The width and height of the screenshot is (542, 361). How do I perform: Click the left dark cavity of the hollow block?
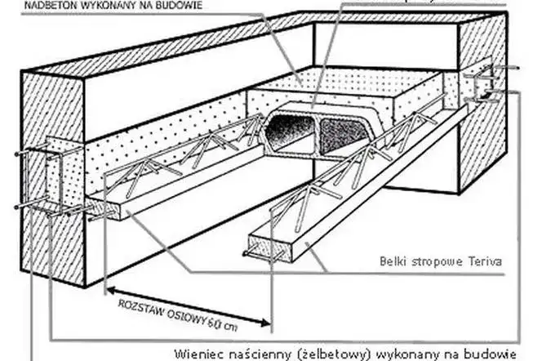point(291,131)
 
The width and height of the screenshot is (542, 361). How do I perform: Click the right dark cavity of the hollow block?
point(343,130)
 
